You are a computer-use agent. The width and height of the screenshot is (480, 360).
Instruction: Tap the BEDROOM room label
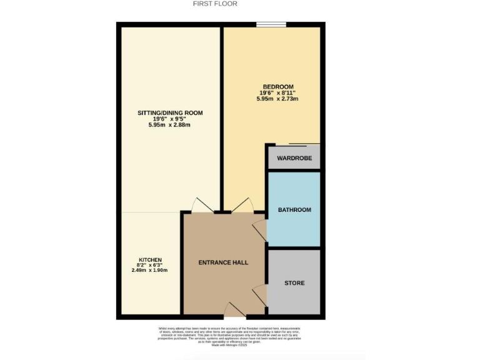pos(278,86)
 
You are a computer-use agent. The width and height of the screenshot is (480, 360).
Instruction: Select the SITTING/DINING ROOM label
pos(170,112)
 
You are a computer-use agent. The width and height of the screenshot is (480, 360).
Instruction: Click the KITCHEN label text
pos(150,259)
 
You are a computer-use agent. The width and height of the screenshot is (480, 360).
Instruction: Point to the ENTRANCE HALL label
pos(223,262)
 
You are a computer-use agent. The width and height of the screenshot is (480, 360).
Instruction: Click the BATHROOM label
pos(294,210)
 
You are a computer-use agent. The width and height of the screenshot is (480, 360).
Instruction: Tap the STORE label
pos(294,283)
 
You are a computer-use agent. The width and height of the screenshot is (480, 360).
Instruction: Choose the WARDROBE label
pos(294,158)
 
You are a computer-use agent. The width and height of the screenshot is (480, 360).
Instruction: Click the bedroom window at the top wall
pos(271,24)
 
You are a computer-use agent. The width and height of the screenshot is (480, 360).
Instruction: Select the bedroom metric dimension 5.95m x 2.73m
pos(278,99)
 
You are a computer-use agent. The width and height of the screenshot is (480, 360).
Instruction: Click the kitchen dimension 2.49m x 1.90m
pos(150,270)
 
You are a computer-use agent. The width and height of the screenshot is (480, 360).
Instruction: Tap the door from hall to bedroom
pos(241,205)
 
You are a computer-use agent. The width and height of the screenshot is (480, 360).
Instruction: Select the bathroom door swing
pos(260,230)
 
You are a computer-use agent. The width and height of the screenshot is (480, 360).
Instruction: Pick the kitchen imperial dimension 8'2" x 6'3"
pos(150,265)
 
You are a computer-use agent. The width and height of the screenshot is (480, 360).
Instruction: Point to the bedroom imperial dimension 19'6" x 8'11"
pos(278,92)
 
